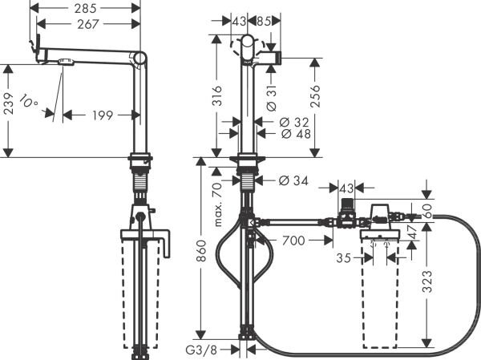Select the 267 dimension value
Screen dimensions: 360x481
point(88,26)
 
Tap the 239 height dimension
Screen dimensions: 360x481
point(9,111)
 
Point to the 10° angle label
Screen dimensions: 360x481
point(30,103)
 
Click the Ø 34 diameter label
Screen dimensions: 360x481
point(293,180)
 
